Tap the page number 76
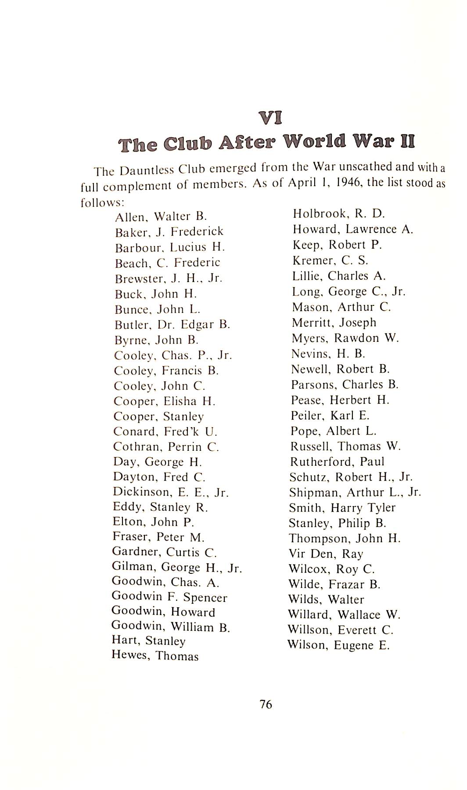pos(266,704)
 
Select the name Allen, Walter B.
pos(161,216)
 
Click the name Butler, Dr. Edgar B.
pos(172,325)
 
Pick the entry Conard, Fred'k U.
pos(165,431)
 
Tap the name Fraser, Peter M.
pos(158,537)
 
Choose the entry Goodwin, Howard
pos(163,612)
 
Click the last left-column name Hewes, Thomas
pos(155,656)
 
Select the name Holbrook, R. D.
pos(338,214)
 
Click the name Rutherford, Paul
pos(337,462)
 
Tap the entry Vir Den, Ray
pos(326,554)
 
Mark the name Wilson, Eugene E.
pos(338,645)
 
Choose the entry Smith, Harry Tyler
pos(342,508)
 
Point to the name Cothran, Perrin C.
pos(166,447)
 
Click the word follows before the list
pos(102,203)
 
